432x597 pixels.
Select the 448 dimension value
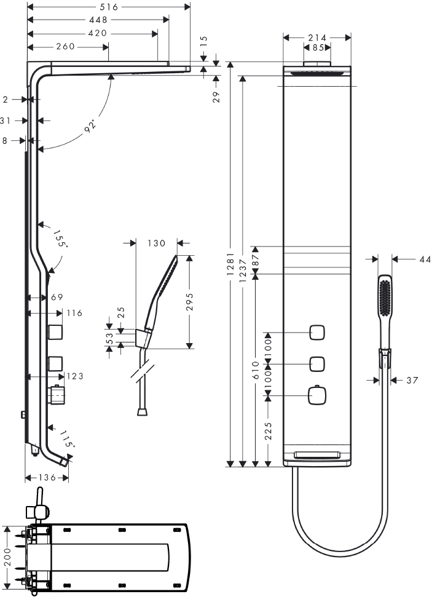tap(98, 20)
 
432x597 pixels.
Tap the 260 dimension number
tap(66, 47)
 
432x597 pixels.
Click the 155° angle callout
tap(60, 239)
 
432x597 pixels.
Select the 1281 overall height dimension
tap(230, 264)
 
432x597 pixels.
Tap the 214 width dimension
tap(318, 38)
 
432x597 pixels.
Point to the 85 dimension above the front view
tap(318, 47)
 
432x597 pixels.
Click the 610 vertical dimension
tap(256, 370)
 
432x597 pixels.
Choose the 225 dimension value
tap(269, 431)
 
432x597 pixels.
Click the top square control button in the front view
tap(317, 333)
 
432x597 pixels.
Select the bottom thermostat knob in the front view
tap(317, 395)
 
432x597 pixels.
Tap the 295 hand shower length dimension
tap(190, 301)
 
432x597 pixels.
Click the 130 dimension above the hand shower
tap(157, 243)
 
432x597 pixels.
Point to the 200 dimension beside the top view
tap(7, 557)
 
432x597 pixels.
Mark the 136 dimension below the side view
tap(47, 478)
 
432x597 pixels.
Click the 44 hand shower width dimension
tap(425, 259)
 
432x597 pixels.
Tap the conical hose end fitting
tap(141, 411)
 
